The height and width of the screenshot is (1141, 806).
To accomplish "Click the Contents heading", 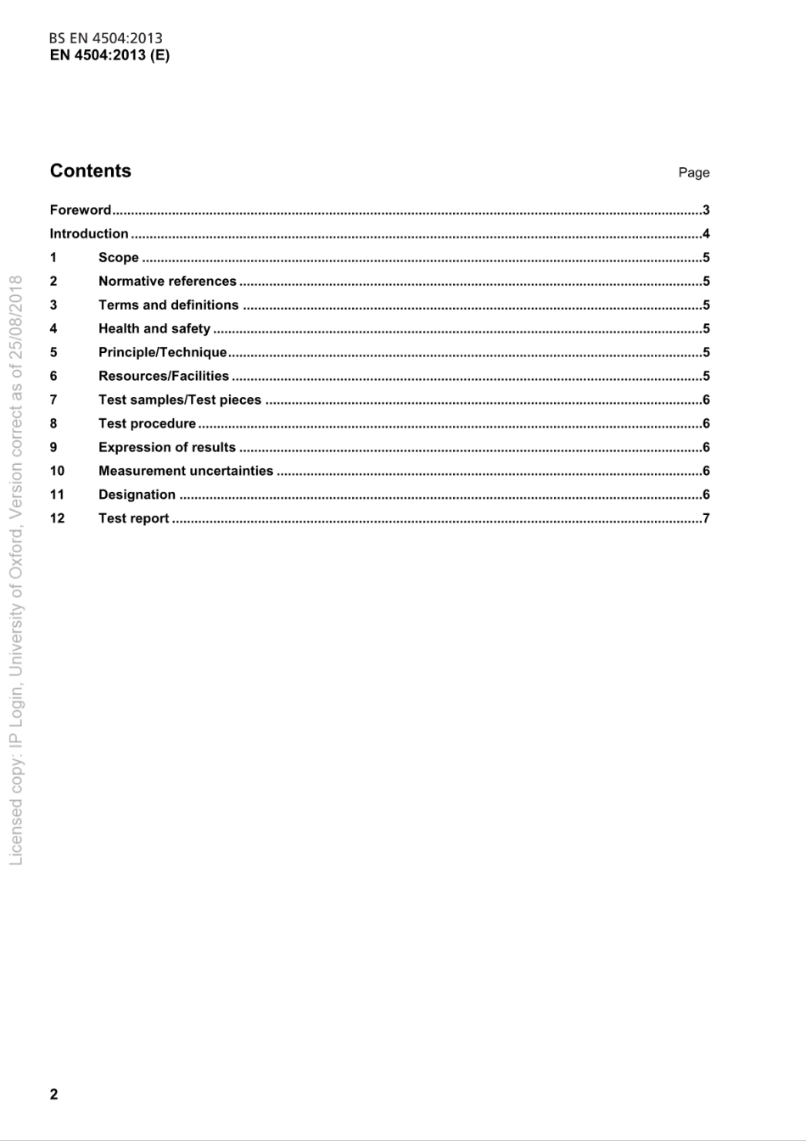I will click(x=91, y=171).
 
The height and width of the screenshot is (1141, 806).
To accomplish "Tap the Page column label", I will click(x=693, y=172).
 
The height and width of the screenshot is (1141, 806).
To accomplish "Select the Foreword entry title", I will click(x=81, y=210).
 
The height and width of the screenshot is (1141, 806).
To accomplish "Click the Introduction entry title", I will click(x=89, y=233).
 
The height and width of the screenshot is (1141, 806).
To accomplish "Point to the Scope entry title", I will click(x=118, y=257).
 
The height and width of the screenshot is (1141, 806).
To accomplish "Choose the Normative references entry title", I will click(x=167, y=281).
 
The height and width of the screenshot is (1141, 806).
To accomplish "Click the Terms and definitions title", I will click(x=168, y=305).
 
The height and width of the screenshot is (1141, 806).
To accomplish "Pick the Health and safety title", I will click(x=154, y=328).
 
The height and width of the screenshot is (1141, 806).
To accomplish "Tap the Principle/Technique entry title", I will click(x=163, y=352).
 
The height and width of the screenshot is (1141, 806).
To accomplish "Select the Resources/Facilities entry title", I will click(x=164, y=376).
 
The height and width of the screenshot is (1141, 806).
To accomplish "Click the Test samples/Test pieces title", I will click(x=180, y=400).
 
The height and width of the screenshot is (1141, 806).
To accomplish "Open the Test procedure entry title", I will click(x=147, y=423).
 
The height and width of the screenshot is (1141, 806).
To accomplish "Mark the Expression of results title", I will click(x=167, y=447).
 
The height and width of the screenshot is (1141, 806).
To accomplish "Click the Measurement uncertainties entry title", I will click(x=186, y=471).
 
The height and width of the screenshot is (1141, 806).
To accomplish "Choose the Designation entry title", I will click(x=137, y=495).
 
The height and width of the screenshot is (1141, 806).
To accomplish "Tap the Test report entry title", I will click(x=133, y=518).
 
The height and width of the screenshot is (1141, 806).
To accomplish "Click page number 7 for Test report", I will click(x=706, y=518).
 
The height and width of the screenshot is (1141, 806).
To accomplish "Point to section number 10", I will click(x=57, y=471).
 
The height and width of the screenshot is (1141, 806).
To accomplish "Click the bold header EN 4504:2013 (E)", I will click(x=109, y=55).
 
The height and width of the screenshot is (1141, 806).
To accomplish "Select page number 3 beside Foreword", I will click(x=706, y=210).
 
